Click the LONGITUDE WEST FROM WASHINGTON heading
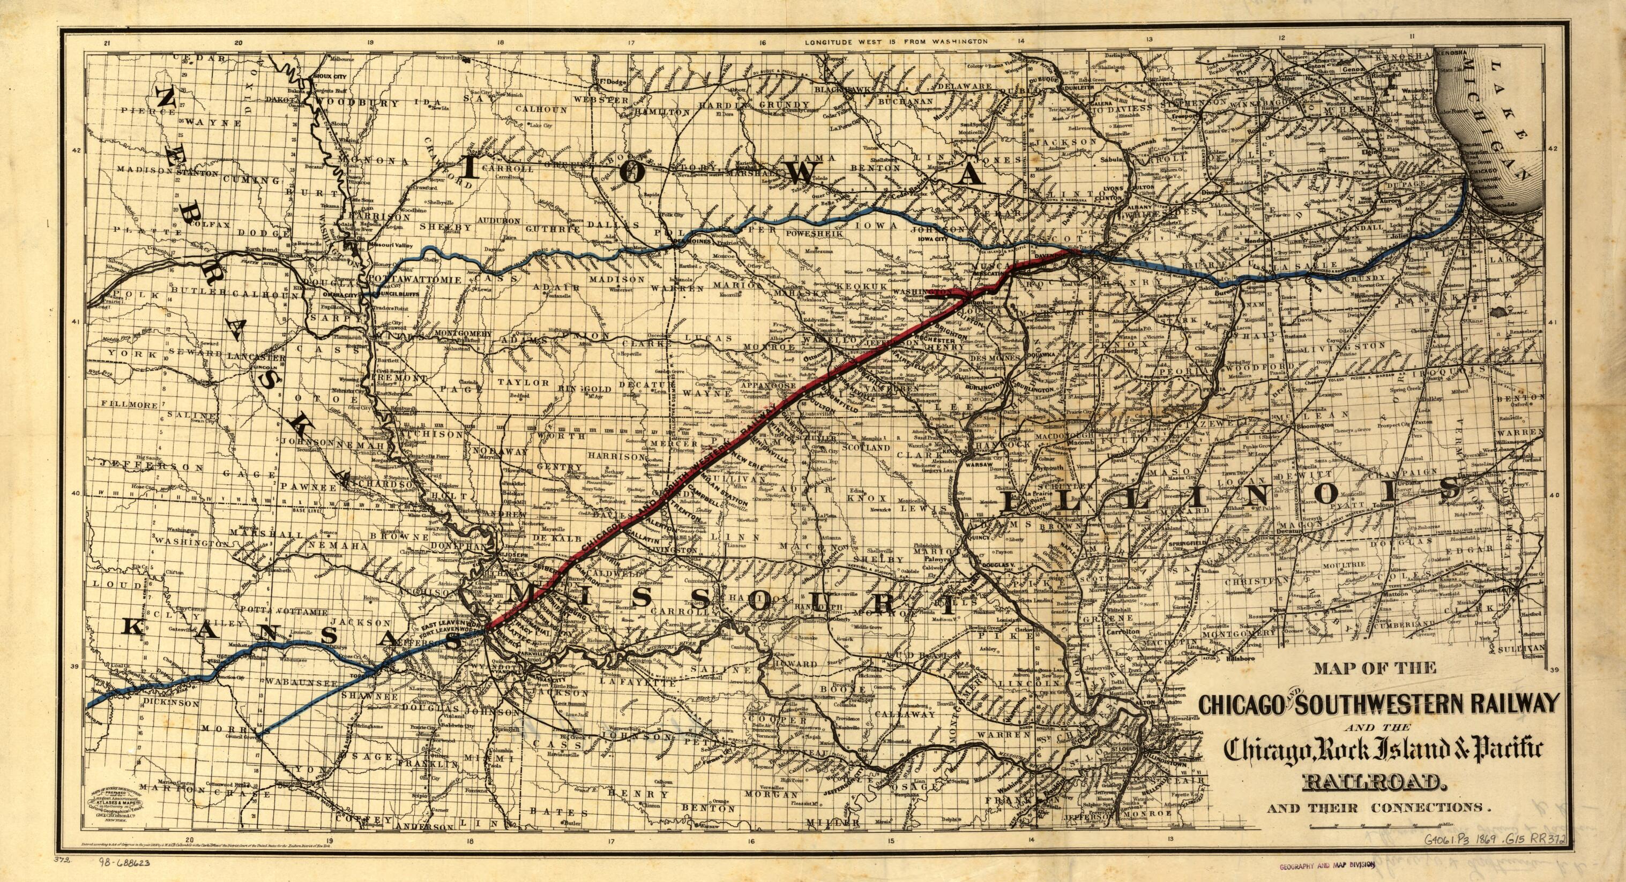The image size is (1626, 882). click(x=895, y=42)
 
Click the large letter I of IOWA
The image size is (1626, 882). click(x=476, y=170)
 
